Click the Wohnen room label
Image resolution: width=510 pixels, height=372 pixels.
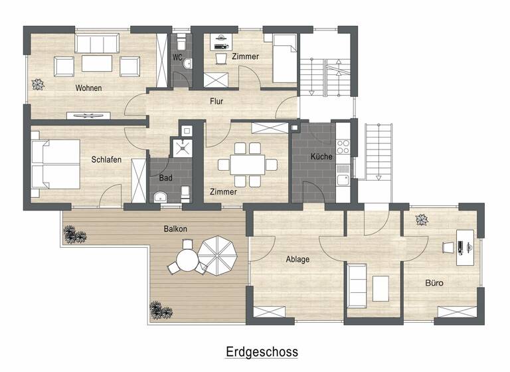click(x=88, y=88)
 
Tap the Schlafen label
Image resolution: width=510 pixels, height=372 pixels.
click(x=106, y=159)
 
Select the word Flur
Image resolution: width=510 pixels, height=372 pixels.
click(x=216, y=102)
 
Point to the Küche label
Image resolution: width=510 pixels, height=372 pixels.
click(x=321, y=157)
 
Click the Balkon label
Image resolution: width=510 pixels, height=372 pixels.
click(x=175, y=229)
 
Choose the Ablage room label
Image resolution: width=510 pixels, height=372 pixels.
click(x=297, y=259)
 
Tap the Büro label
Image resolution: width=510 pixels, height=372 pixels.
click(x=434, y=283)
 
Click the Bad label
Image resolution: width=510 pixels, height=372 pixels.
click(x=165, y=178)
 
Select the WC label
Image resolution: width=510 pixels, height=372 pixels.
click(x=177, y=58)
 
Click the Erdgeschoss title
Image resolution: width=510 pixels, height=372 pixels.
click(x=262, y=351)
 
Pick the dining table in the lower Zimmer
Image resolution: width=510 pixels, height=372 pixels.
click(x=247, y=163)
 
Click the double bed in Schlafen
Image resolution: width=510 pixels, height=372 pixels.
click(x=56, y=165)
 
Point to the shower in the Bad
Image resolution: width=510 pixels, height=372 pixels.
click(x=181, y=146)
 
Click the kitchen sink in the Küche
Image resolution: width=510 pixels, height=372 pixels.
click(x=343, y=179)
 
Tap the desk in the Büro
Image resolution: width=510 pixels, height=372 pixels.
click(x=465, y=246)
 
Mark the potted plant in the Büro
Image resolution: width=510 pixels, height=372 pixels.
click(x=421, y=219)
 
